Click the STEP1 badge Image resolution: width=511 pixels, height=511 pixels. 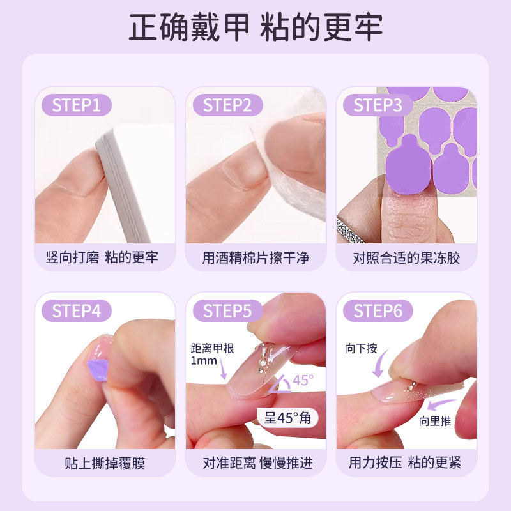76,105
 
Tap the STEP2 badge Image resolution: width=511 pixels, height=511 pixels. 227,105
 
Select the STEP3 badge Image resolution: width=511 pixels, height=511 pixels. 378,105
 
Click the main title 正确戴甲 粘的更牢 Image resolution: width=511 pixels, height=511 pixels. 256,29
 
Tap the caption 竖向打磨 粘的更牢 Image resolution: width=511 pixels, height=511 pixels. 105,258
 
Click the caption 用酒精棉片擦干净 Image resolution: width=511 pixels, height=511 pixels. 256,258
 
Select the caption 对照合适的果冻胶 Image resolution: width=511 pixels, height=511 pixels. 406,258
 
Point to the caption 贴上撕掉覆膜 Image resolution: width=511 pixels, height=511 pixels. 105,463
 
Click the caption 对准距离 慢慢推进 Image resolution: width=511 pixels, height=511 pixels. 256,463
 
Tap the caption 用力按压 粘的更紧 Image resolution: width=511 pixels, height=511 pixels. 406,463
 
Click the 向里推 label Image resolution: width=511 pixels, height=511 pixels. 435,421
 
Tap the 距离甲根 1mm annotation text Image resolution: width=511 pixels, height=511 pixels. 208,355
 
